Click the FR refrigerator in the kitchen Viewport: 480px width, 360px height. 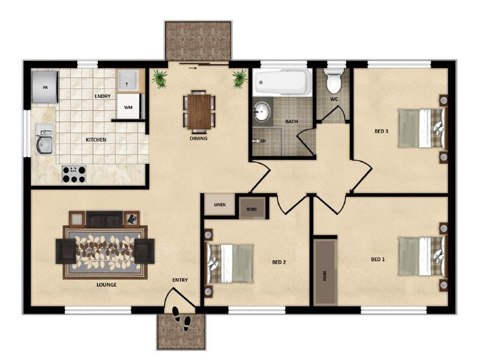coord(44,87)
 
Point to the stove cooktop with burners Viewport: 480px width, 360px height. coord(74,174)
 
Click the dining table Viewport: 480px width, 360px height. coord(199,112)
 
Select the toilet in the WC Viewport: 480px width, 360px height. coord(334,80)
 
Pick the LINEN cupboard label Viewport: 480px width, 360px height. coord(220,205)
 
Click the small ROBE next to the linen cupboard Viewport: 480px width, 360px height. coord(252,209)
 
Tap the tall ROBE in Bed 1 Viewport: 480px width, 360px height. coord(325,272)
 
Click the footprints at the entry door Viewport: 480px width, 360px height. coord(182,319)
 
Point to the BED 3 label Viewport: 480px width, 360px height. coord(382,131)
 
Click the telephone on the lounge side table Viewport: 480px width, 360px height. coord(132,218)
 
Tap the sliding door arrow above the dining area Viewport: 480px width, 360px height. coord(193,68)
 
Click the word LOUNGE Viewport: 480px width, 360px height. coord(107,284)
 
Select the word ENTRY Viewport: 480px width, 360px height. coord(180,280)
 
